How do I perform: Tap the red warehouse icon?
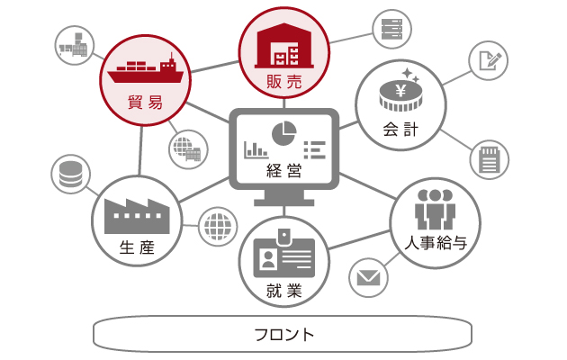click(284, 46)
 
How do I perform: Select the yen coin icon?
click(400, 90)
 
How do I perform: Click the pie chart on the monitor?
click(283, 133)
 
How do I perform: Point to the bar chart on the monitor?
click(256, 150)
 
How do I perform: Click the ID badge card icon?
click(283, 254)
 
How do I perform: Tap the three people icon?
click(435, 210)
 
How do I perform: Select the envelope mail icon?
click(368, 278)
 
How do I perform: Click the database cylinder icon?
click(70, 175)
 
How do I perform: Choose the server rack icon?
click(392, 30)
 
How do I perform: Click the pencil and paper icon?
click(490, 60)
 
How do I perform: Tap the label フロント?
click(284, 335)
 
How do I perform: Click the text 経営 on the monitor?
click(283, 171)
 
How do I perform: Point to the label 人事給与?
click(436, 243)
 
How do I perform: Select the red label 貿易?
click(145, 103)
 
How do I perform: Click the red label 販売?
click(283, 82)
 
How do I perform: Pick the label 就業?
click(283, 291)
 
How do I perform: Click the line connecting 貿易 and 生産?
click(140, 150)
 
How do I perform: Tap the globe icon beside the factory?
click(218, 227)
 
